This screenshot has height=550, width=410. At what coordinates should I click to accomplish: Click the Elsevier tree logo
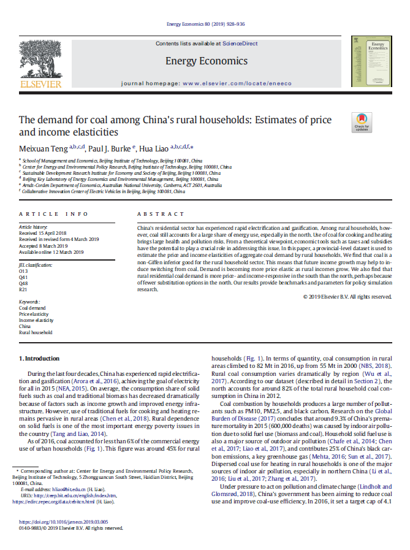41,61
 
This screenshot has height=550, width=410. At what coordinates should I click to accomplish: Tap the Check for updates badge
361,122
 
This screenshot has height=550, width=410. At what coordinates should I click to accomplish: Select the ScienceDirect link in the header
240,44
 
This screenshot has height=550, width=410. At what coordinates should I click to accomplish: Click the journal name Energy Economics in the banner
206,61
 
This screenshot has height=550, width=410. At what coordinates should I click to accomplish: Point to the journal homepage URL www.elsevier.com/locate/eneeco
230,83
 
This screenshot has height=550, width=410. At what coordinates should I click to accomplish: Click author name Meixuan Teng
42,148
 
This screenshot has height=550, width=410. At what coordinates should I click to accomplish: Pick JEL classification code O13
23,270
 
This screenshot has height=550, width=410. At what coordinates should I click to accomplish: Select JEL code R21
23,289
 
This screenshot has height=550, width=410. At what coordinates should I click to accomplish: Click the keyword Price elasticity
34,314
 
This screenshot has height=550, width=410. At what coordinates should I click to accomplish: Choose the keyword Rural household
36,332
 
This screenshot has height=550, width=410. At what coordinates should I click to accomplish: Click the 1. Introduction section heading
39,358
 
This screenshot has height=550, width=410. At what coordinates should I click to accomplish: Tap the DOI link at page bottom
63,522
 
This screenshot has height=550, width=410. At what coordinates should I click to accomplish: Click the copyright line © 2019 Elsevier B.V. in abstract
347,297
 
